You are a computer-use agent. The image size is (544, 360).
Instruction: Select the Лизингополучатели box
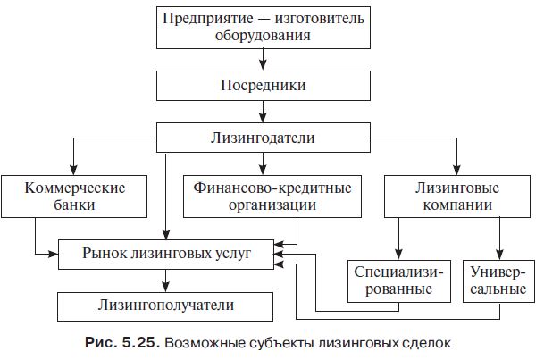tap(165, 306)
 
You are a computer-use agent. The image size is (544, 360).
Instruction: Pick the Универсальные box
tap(498, 280)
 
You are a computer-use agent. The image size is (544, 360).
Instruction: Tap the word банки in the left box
tap(75, 205)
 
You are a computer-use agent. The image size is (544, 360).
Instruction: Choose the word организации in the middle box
tap(266, 205)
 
